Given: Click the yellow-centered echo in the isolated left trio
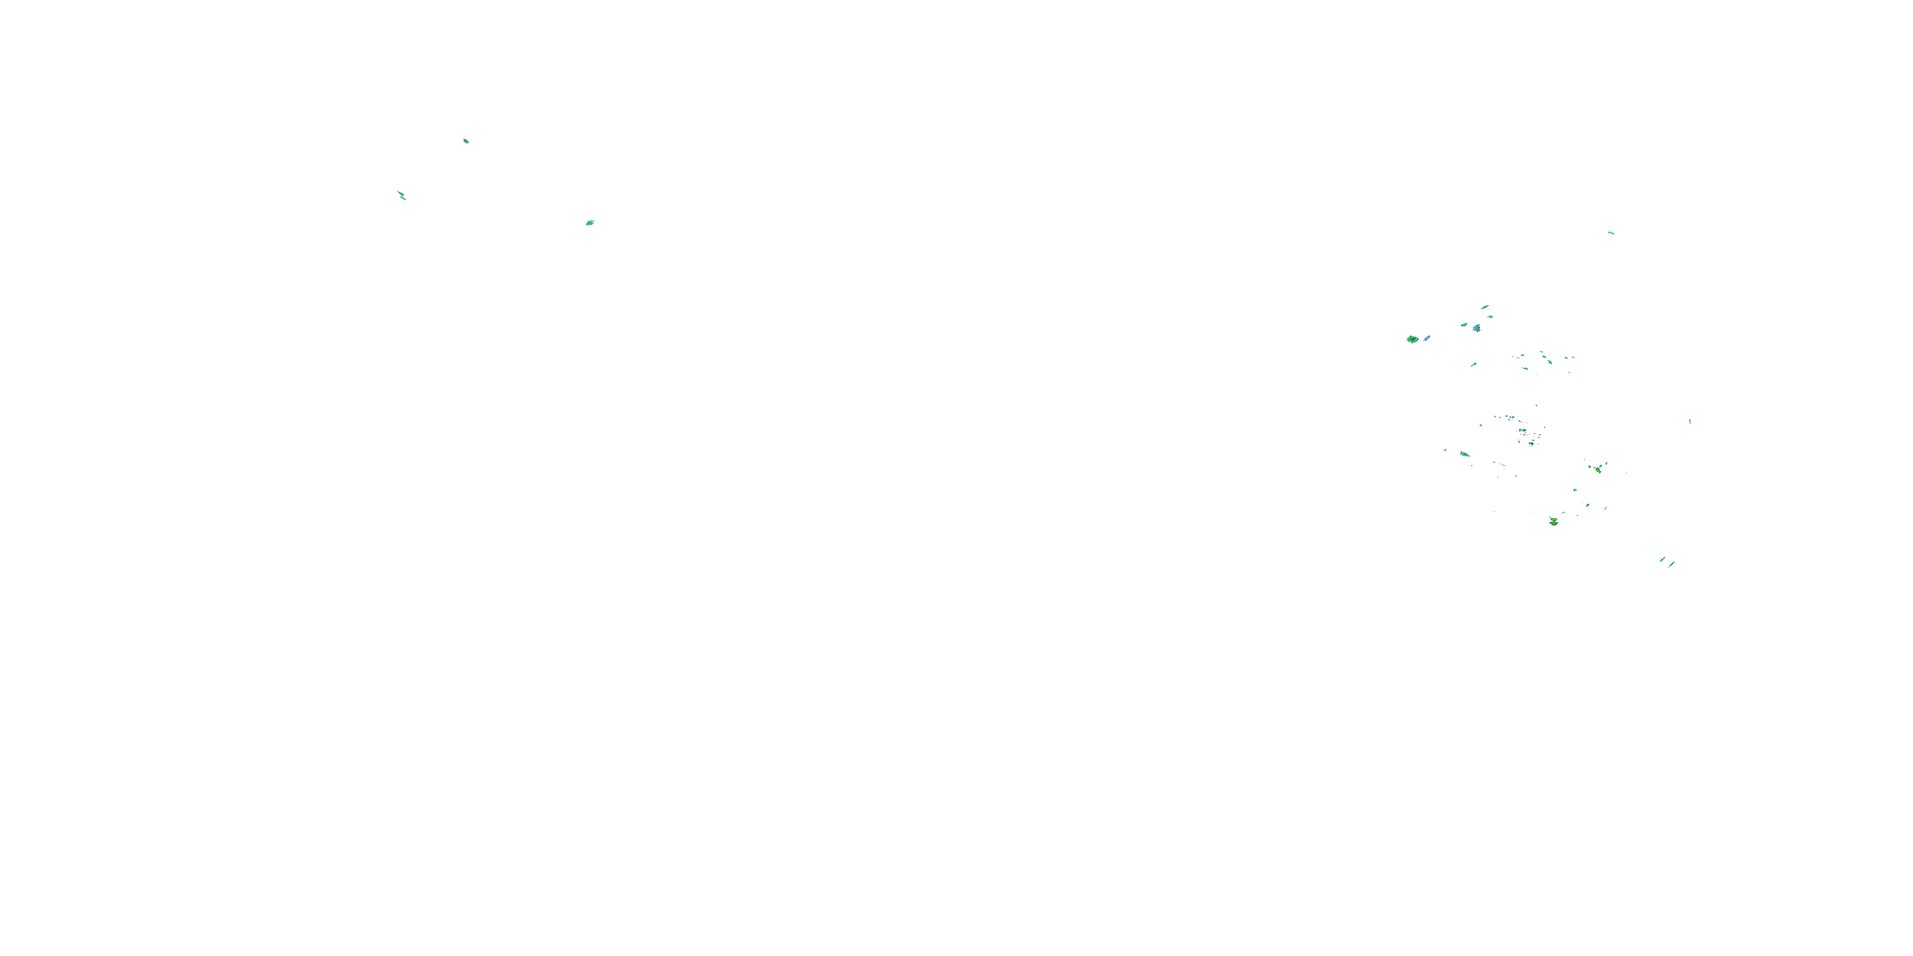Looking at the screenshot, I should (x=465, y=141).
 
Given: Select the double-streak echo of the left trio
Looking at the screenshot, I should (x=402, y=195).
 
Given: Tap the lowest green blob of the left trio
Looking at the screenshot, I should (x=590, y=222).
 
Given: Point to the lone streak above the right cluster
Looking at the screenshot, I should (x=1611, y=233).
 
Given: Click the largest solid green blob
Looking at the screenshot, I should (x=1412, y=339).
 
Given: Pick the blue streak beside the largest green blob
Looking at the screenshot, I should (x=1426, y=338).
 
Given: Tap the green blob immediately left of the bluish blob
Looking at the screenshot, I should (x=1465, y=325).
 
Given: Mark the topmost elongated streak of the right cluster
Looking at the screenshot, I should (x=1484, y=307).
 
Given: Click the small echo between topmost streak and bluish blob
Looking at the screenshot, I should (x=1490, y=317).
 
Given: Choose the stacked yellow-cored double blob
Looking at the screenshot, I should (x=1553, y=522).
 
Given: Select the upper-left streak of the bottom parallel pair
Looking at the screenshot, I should (x=1662, y=559).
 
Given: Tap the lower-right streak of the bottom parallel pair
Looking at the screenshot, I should (x=1671, y=564).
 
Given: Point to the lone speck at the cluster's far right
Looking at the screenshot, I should (x=1690, y=421).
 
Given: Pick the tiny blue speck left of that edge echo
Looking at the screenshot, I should (x=1445, y=450).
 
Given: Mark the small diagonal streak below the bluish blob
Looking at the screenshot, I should (x=1474, y=365).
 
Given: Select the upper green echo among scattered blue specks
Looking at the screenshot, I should (x=1522, y=430).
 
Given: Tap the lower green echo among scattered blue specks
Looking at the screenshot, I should (x=1531, y=443).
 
